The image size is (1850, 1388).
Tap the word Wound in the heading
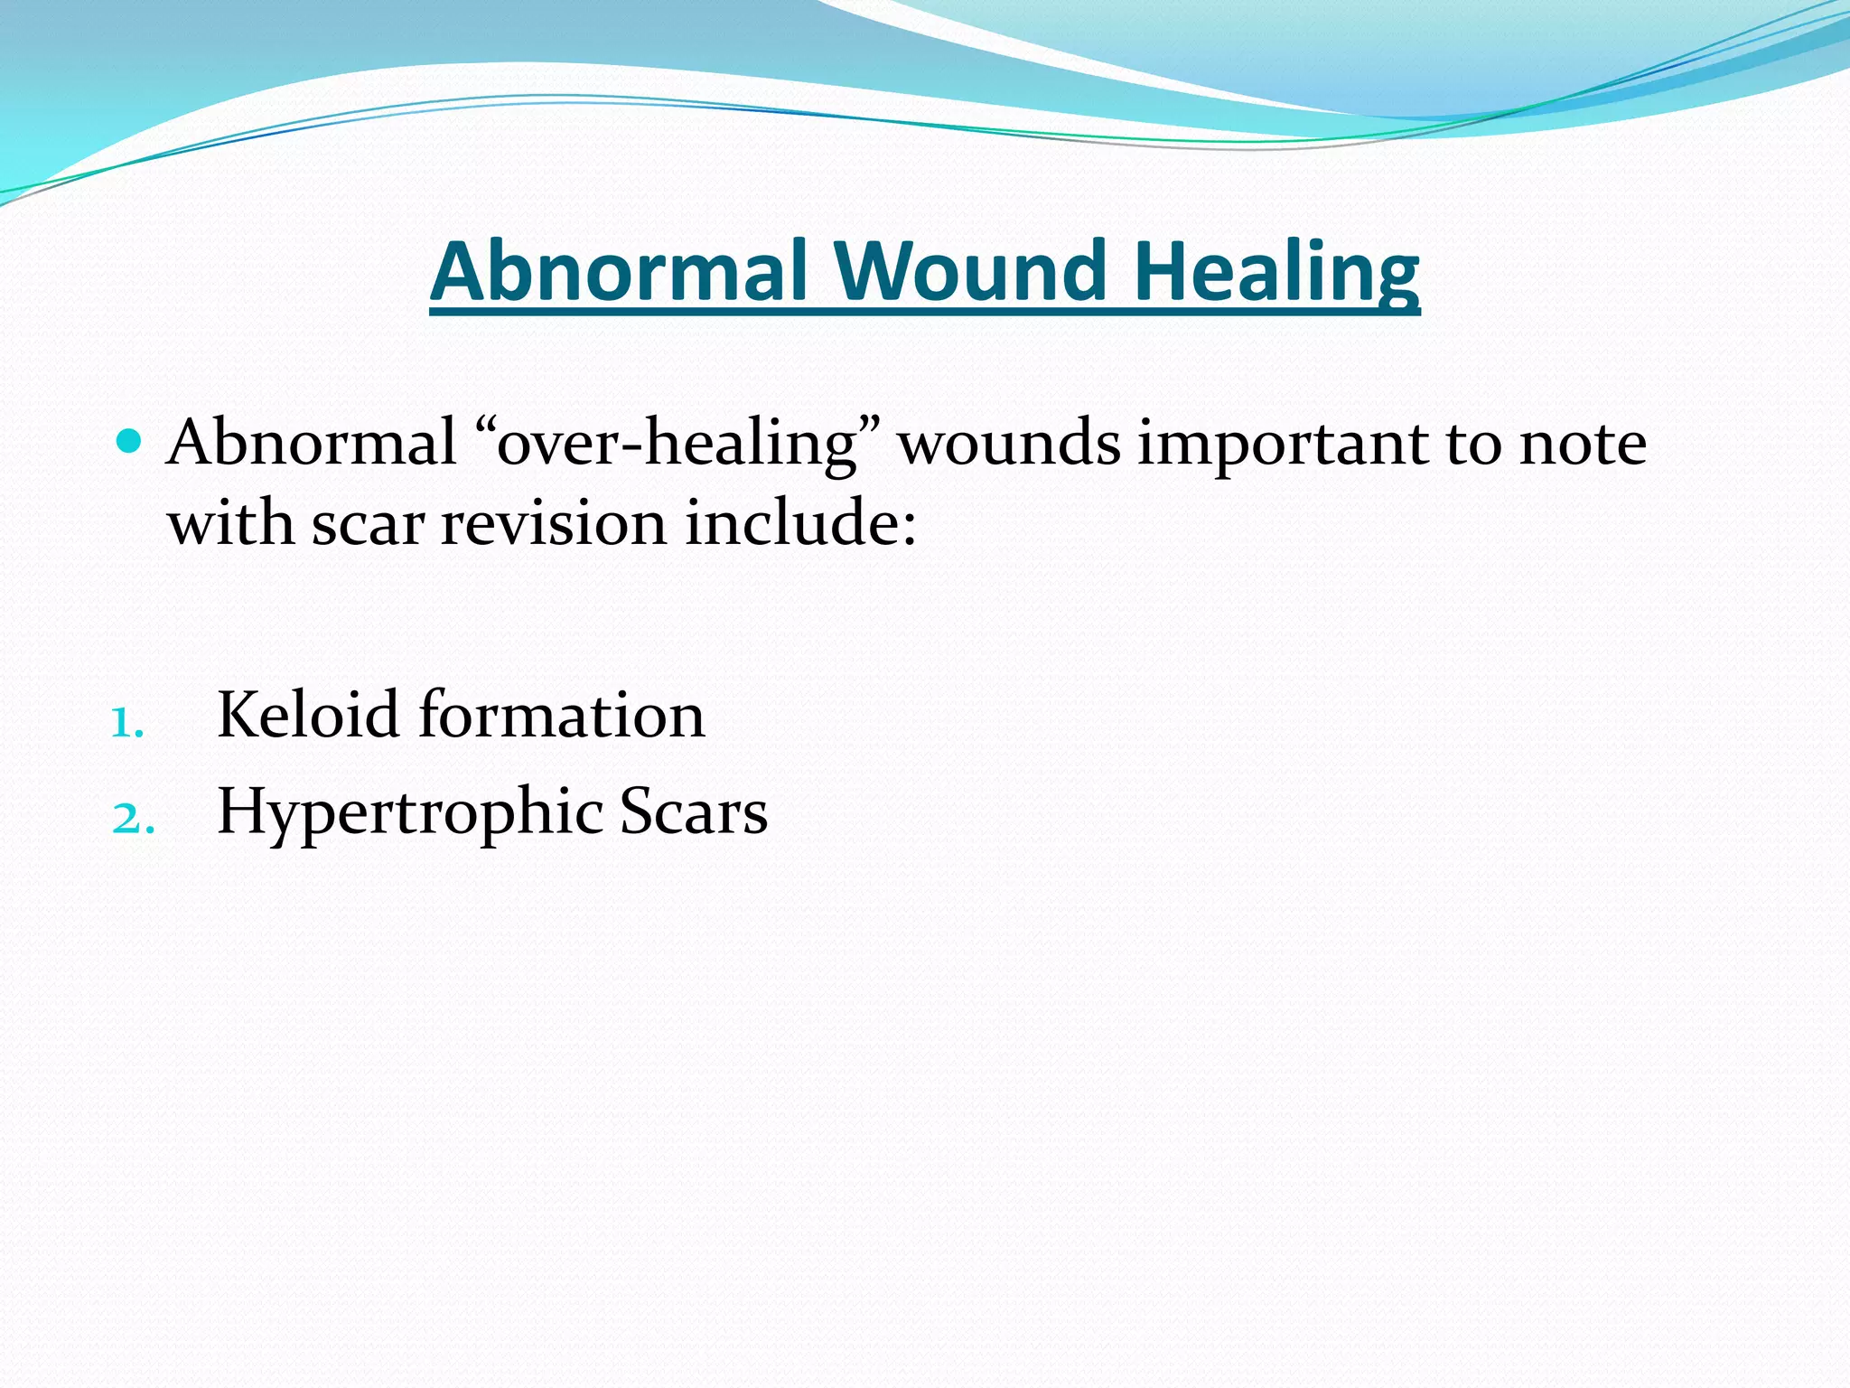pyautogui.click(x=970, y=271)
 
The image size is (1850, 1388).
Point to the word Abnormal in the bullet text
pyautogui.click(x=312, y=443)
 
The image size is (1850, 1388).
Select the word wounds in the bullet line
pyautogui.click(x=1009, y=443)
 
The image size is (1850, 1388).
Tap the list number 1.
pyautogui.click(x=126, y=723)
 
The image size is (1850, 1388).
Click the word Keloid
pyautogui.click(x=307, y=715)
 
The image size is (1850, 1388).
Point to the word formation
pyautogui.click(x=561, y=715)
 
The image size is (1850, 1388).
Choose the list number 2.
pyautogui.click(x=132, y=819)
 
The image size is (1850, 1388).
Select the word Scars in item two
pyautogui.click(x=693, y=811)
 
